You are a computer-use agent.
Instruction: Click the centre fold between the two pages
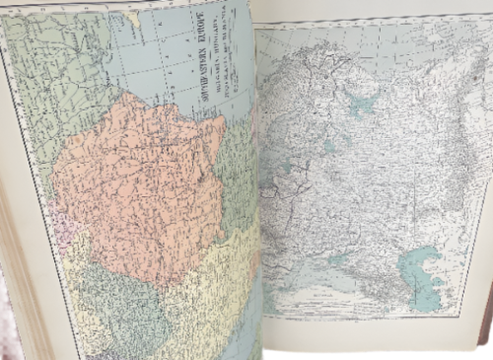(x=257, y=197)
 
